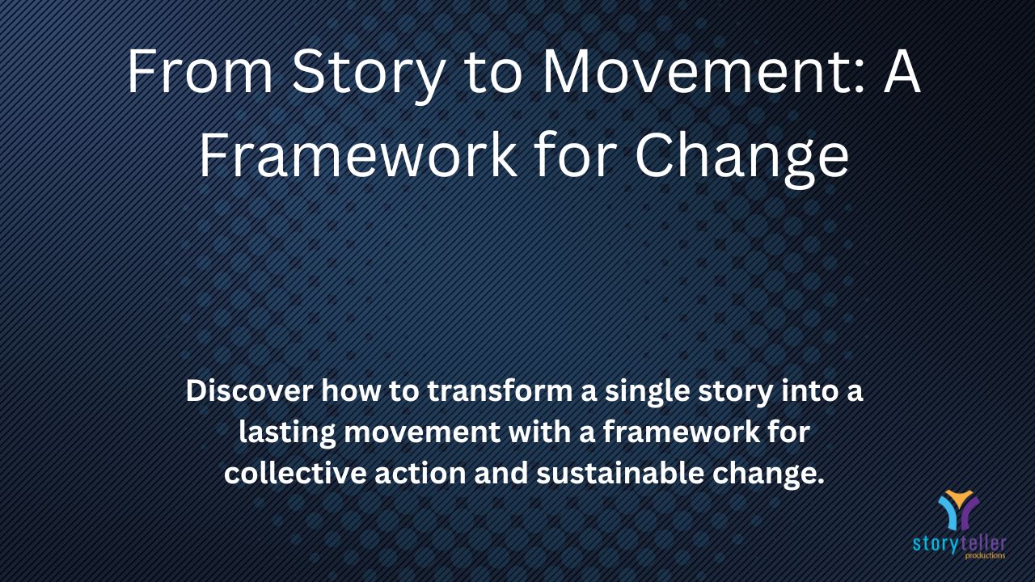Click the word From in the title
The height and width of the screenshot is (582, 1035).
tap(200, 72)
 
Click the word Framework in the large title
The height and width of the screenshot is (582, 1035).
tap(358, 153)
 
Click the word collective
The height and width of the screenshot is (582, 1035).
tap(295, 473)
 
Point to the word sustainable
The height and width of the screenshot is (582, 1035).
tap(620, 473)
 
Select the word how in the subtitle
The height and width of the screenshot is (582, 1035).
tap(351, 390)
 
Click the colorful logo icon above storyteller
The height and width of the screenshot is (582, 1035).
tap(959, 509)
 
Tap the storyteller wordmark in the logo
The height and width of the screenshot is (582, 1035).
tap(959, 544)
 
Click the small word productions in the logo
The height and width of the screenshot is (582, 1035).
tap(985, 555)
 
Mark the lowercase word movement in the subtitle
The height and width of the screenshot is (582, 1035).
tap(422, 432)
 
